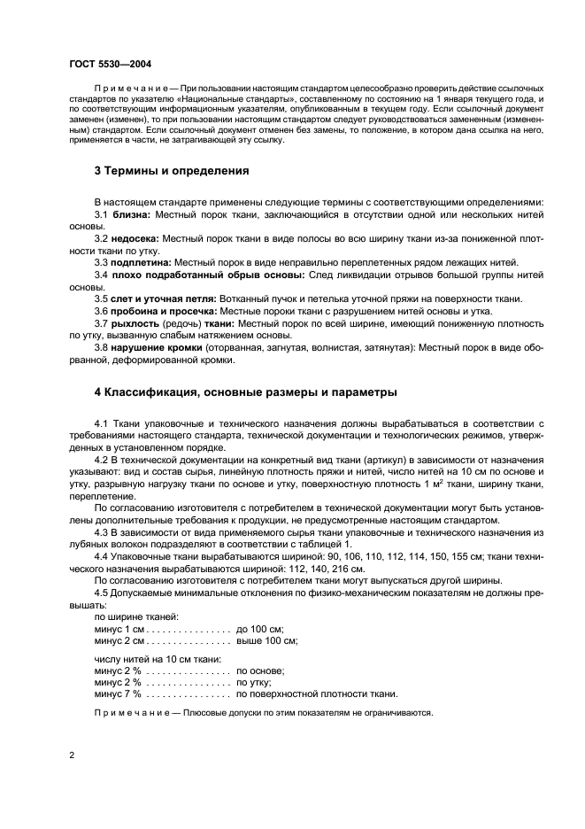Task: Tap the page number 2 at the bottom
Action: [72, 755]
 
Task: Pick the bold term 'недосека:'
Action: [140, 239]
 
